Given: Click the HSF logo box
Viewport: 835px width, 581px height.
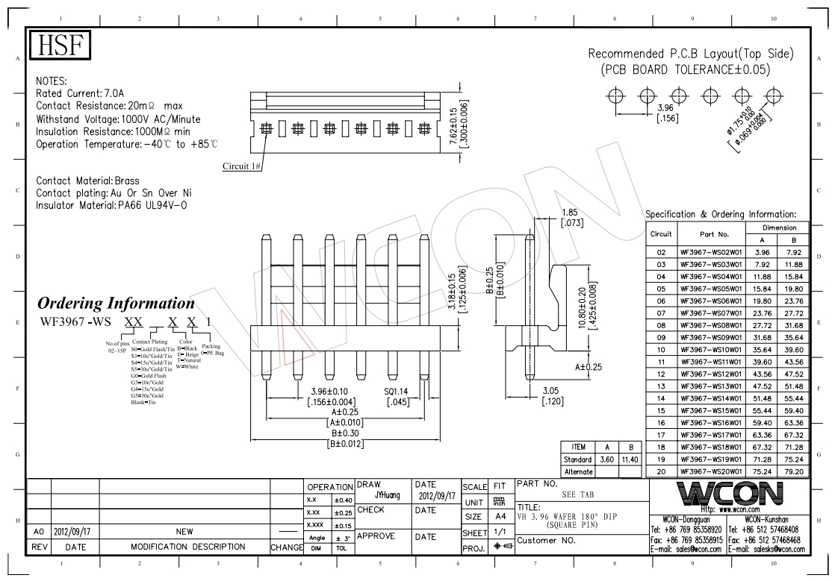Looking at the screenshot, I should point(60,45).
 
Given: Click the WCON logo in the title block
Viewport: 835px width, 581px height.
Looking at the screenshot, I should point(729,494).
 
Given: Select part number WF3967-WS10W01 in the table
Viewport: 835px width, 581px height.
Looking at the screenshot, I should point(710,349).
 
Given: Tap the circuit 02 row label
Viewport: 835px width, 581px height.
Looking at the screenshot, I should point(661,252).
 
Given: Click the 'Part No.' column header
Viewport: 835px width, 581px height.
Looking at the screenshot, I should point(710,233).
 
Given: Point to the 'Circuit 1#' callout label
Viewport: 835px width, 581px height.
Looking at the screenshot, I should point(241,166).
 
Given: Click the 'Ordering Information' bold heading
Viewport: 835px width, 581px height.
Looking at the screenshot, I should point(116,303).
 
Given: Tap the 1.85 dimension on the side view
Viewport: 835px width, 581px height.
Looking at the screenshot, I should point(571,212).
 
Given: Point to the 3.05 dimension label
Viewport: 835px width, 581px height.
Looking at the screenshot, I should point(551,391).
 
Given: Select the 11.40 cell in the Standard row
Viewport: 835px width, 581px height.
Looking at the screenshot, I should point(630,459).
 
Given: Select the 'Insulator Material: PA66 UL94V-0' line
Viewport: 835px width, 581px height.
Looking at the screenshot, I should point(111,205).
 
